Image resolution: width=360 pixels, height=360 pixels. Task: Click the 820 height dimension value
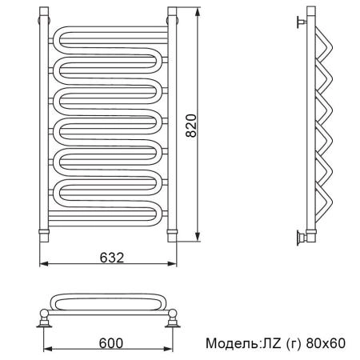(x=191, y=126)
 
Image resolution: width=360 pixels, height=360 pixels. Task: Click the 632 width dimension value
(x=112, y=258)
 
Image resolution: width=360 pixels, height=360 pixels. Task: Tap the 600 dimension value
(x=111, y=343)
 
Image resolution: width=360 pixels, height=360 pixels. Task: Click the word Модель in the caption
(x=231, y=343)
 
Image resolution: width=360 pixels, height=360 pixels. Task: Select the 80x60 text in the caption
(x=326, y=343)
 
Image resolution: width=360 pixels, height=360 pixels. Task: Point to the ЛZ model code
(x=271, y=343)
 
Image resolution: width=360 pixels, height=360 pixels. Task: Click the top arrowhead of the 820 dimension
(x=198, y=12)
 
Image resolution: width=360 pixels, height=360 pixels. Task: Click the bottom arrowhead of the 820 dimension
(x=198, y=237)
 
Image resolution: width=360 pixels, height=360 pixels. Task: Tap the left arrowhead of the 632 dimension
(x=44, y=264)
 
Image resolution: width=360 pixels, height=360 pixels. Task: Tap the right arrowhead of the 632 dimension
(x=172, y=264)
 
